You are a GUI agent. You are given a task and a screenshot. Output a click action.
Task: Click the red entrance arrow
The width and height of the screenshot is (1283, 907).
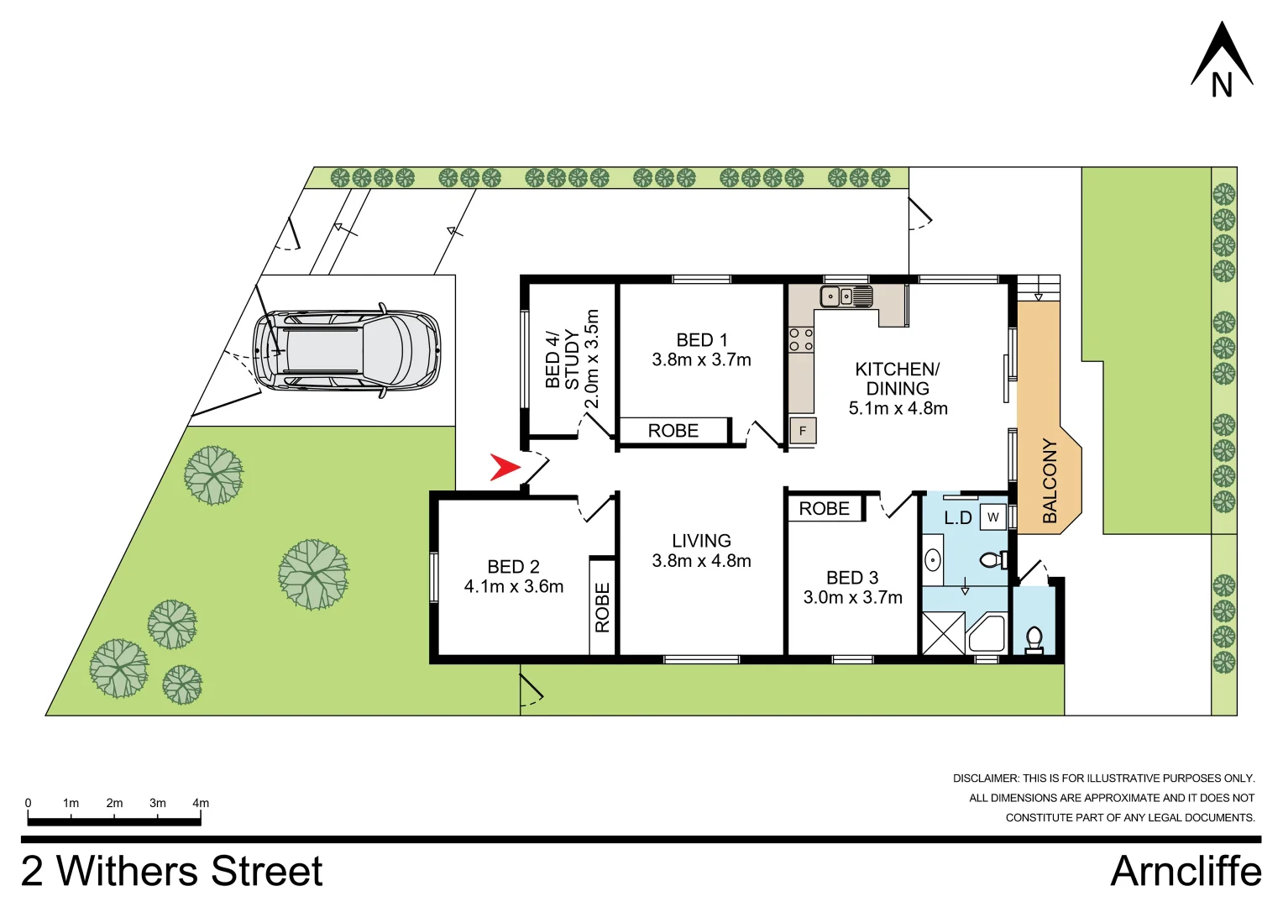(504, 467)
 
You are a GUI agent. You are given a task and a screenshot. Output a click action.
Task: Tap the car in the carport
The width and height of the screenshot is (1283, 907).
(346, 350)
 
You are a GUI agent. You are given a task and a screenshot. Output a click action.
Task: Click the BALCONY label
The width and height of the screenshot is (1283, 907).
(1050, 480)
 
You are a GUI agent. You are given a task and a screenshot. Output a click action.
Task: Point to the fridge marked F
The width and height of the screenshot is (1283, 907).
(803, 431)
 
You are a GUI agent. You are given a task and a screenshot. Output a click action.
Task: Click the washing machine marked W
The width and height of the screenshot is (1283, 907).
(993, 517)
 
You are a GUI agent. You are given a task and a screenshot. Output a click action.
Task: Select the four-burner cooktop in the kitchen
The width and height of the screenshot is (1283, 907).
(801, 340)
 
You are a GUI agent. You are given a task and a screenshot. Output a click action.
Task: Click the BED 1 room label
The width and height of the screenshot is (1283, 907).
(702, 340)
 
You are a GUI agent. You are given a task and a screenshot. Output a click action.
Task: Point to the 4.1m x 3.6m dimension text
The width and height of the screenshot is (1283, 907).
(514, 587)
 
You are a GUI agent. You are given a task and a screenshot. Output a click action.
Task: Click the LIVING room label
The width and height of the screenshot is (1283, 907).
(701, 541)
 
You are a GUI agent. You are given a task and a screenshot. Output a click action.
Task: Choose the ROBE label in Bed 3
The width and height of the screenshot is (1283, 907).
(824, 509)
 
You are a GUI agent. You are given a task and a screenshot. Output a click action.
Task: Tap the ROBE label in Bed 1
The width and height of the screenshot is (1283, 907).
(673, 431)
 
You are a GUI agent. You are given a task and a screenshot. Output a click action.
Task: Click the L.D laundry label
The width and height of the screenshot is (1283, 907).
(957, 518)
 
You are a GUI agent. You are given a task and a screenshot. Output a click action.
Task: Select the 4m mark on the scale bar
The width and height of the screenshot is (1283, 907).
(201, 804)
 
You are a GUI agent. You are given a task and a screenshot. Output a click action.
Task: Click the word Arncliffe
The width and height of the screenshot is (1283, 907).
(1186, 872)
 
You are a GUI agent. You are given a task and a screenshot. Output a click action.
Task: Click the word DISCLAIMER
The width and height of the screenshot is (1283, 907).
(985, 779)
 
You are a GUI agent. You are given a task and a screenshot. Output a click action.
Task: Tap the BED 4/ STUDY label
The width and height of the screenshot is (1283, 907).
(562, 359)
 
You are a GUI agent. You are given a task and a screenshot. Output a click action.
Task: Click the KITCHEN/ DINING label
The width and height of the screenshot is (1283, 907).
(898, 379)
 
